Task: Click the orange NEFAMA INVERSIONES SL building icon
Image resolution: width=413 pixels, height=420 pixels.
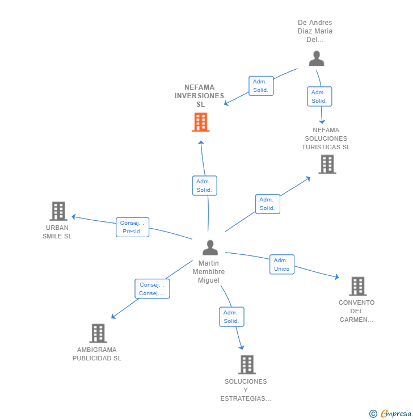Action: (200, 122)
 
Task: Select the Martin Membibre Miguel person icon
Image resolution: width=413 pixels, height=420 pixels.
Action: (210, 247)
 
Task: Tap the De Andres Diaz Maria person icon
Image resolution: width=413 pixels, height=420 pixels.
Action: (316, 58)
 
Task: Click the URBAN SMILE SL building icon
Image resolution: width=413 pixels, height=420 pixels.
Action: (58, 211)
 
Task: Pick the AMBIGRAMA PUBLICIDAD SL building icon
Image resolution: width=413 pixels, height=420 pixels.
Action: (98, 333)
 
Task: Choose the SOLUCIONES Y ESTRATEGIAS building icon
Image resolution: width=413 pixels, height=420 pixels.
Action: (246, 364)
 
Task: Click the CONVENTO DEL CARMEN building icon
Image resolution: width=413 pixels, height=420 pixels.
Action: (357, 287)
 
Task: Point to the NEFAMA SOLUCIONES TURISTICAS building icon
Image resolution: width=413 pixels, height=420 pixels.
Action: (327, 164)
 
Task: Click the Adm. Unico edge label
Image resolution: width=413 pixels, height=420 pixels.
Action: (281, 264)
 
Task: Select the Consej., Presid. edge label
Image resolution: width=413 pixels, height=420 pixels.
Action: (132, 227)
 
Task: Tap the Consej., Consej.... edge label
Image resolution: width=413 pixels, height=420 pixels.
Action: (152, 289)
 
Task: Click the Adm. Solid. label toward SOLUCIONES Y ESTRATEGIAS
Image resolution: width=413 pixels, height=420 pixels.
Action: (231, 317)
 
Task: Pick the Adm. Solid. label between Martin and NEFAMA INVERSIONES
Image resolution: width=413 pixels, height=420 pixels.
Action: (204, 186)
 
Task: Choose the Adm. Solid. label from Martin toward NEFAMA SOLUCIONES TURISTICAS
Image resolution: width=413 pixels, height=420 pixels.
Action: (267, 204)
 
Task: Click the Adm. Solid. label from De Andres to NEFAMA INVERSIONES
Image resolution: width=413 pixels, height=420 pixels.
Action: (261, 86)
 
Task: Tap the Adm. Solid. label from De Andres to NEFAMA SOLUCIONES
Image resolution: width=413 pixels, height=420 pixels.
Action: (319, 96)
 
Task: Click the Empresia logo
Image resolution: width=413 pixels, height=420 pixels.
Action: (396, 413)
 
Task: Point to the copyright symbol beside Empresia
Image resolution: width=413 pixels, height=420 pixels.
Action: (373, 414)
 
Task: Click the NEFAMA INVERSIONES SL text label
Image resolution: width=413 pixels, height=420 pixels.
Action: (200, 96)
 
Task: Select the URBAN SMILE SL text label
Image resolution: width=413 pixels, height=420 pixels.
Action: (57, 232)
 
